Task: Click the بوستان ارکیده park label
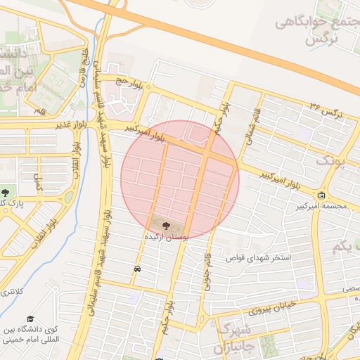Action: tap(165, 238)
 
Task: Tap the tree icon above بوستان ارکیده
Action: tap(166, 226)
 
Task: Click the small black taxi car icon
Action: tap(136, 269)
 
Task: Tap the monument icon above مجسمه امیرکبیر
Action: tap(322, 195)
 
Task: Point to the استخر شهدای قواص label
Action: tap(258, 258)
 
